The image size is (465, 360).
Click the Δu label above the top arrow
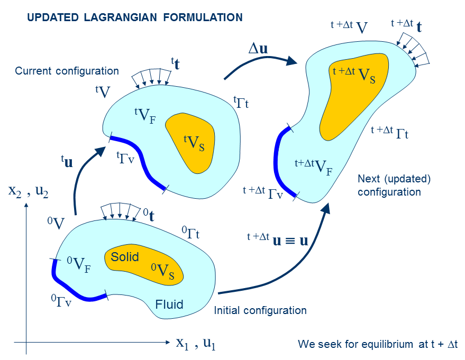coord(258,48)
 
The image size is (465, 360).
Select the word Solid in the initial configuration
coord(124,257)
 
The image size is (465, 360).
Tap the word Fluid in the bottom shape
coord(169,304)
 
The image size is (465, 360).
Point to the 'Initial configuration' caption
coord(260,310)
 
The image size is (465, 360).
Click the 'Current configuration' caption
coord(67,71)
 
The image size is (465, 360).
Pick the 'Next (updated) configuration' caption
coord(394,185)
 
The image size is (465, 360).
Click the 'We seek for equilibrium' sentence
coord(378,345)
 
